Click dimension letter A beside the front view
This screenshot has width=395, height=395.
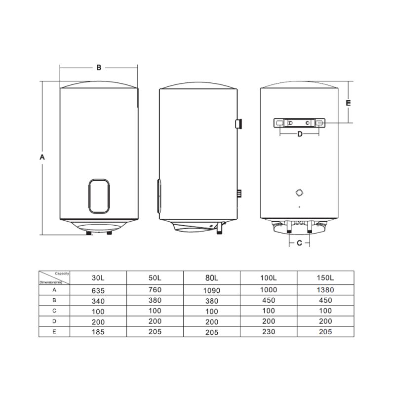coord(42,157)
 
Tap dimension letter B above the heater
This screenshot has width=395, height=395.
coord(99,68)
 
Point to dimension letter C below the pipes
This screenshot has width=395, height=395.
coord(299,243)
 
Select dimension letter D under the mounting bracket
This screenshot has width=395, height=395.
coord(300,134)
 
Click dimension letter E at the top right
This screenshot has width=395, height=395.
coord(348,103)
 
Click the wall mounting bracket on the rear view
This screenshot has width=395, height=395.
coord(299,123)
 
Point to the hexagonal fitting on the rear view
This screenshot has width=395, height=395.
coord(299,193)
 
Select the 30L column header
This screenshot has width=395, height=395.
coord(98,278)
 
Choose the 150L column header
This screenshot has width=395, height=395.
coord(325,278)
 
